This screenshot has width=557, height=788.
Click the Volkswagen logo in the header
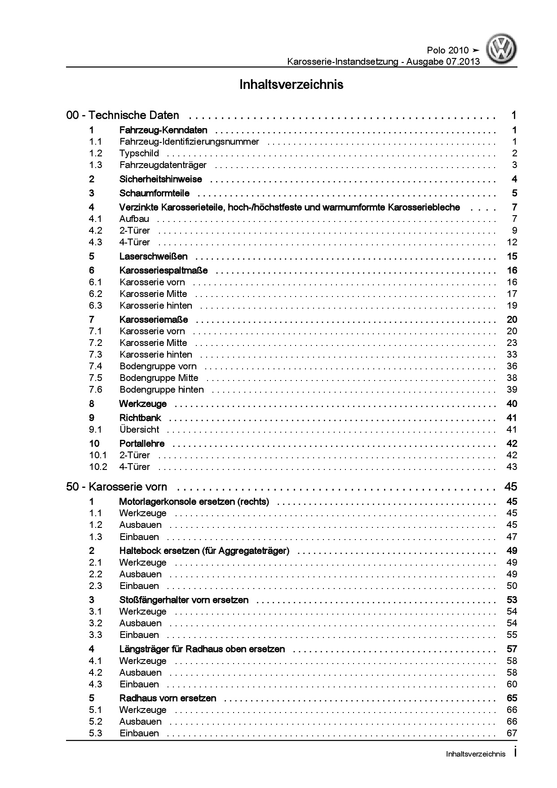[502, 50]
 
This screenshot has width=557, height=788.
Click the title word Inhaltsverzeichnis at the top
[291, 84]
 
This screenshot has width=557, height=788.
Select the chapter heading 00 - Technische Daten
[123, 115]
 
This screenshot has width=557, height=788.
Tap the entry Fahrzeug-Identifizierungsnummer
[189, 142]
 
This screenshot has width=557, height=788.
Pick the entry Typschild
[139, 153]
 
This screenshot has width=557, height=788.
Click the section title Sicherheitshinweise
[160, 179]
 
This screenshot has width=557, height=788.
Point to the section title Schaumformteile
[154, 193]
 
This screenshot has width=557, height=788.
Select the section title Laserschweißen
[153, 257]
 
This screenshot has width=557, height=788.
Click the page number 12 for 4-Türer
[512, 242]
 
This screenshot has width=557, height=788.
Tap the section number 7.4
[96, 366]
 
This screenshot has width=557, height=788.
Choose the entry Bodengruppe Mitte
[159, 378]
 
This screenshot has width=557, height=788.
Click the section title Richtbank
[140, 418]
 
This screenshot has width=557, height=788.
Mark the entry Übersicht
[139, 429]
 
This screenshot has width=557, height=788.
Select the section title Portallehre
[142, 443]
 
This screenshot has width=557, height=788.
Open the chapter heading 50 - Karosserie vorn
[116, 487]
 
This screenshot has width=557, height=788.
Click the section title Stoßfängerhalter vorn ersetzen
[184, 600]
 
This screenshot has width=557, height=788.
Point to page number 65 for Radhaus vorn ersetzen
[512, 698]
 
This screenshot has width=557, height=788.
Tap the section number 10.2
[98, 467]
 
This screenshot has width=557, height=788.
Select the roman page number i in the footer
[515, 753]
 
